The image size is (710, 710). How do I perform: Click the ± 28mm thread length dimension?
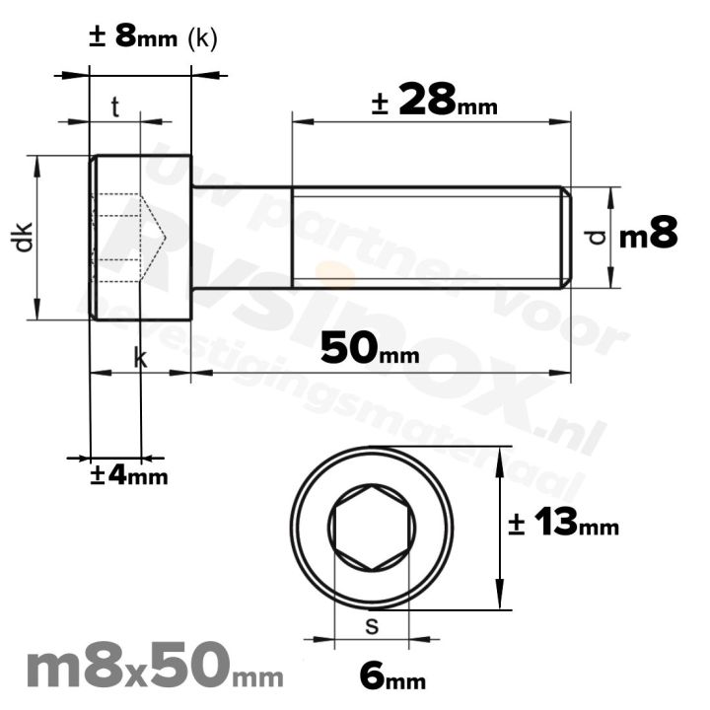click(434, 101)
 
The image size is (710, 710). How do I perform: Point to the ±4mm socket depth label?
click(129, 475)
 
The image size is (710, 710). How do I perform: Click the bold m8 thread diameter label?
click(648, 236)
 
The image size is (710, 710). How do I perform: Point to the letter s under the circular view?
click(372, 624)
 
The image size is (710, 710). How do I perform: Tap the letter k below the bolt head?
click(140, 359)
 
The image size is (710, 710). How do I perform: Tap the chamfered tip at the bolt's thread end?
click(566, 237)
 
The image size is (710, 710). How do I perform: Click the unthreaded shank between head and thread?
click(242, 237)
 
